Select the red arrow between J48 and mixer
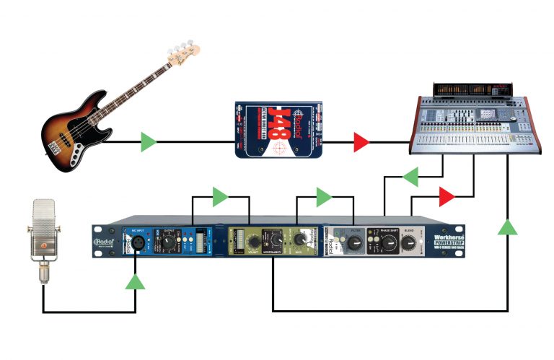click(x=361, y=142)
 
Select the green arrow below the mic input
click(x=135, y=280)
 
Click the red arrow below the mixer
click(x=447, y=196)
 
